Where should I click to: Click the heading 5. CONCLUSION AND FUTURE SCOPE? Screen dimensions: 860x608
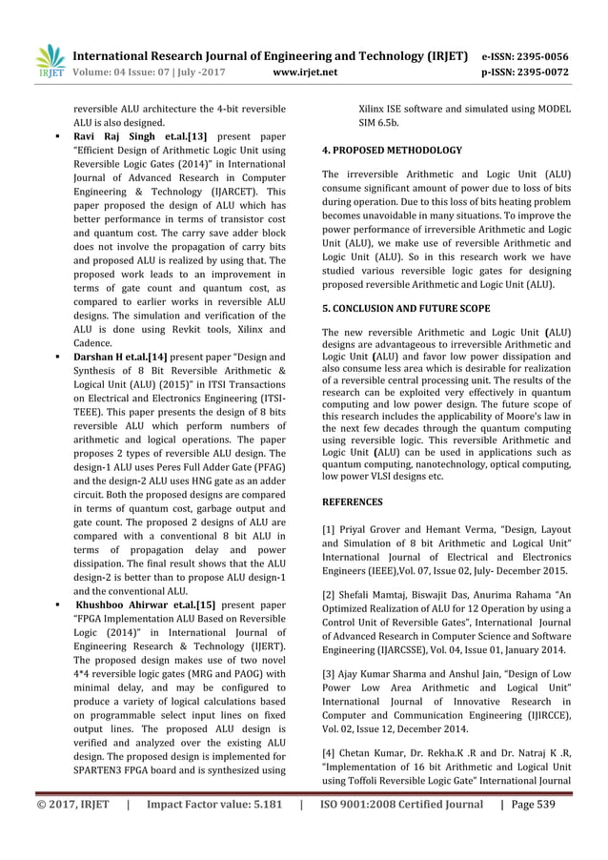[406, 309]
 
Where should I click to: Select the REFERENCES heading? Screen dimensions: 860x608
[352, 501]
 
